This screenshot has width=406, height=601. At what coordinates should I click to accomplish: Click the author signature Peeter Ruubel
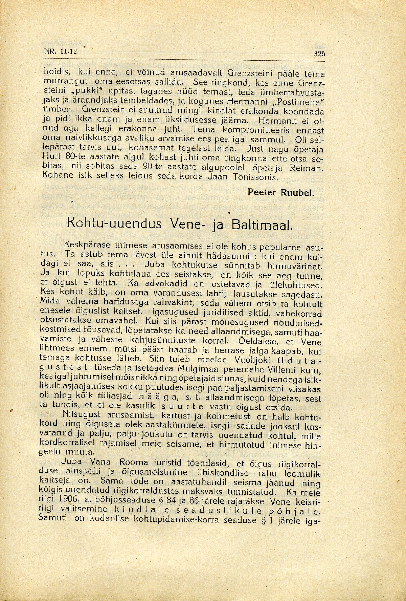pos(281,192)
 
